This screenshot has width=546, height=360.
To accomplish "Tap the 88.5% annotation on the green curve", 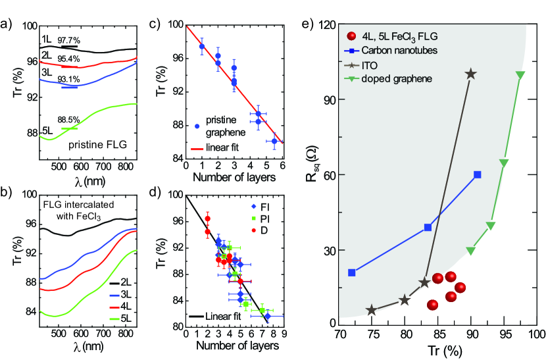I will (x=69, y=120).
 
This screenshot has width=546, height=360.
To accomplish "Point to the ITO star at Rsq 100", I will (x=470, y=74).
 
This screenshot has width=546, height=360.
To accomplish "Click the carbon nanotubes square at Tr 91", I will (x=477, y=174).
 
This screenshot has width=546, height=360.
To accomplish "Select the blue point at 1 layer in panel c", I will (x=201, y=47).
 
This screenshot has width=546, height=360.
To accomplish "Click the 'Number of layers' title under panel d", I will (x=227, y=347).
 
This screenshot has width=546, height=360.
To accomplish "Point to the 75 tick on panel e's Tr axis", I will (x=372, y=335).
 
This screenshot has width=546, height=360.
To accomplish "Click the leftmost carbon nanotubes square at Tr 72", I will (x=352, y=272).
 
